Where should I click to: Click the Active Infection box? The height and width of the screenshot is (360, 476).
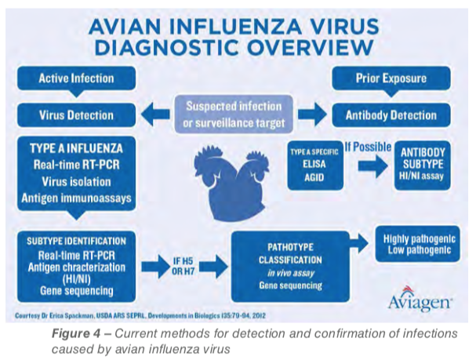[x=76, y=78]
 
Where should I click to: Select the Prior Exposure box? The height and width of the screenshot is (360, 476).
[x=391, y=78]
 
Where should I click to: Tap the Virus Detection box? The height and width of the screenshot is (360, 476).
[x=76, y=115]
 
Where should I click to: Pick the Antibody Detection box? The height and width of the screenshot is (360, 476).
[x=391, y=115]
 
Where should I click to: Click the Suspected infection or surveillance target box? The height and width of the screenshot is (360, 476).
[x=234, y=115]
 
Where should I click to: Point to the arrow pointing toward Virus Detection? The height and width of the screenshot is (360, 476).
[x=155, y=115]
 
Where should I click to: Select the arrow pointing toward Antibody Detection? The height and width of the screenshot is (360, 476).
[x=312, y=115]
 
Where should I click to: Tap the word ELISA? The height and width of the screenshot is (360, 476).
[x=314, y=164]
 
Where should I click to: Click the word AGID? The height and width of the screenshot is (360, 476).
[x=314, y=177]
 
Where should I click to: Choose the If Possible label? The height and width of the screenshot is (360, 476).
[x=368, y=147]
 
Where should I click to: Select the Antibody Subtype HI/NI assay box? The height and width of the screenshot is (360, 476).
[x=423, y=165]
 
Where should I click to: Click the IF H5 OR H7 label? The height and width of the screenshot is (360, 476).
[x=183, y=266]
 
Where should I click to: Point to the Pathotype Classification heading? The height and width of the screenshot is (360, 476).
[x=290, y=253]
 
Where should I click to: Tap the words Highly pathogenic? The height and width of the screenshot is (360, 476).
[x=420, y=239]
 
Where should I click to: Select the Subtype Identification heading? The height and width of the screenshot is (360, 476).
[x=76, y=242]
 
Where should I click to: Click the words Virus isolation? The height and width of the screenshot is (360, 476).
[x=76, y=182]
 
